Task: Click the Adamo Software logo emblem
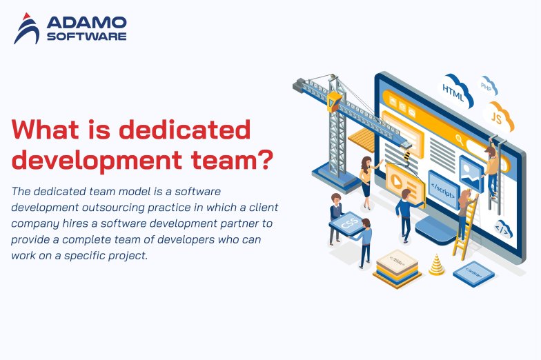pyautogui.click(x=27, y=28)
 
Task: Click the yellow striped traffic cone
pyautogui.click(x=436, y=265)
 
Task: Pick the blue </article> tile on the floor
pyautogui.click(x=473, y=272)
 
